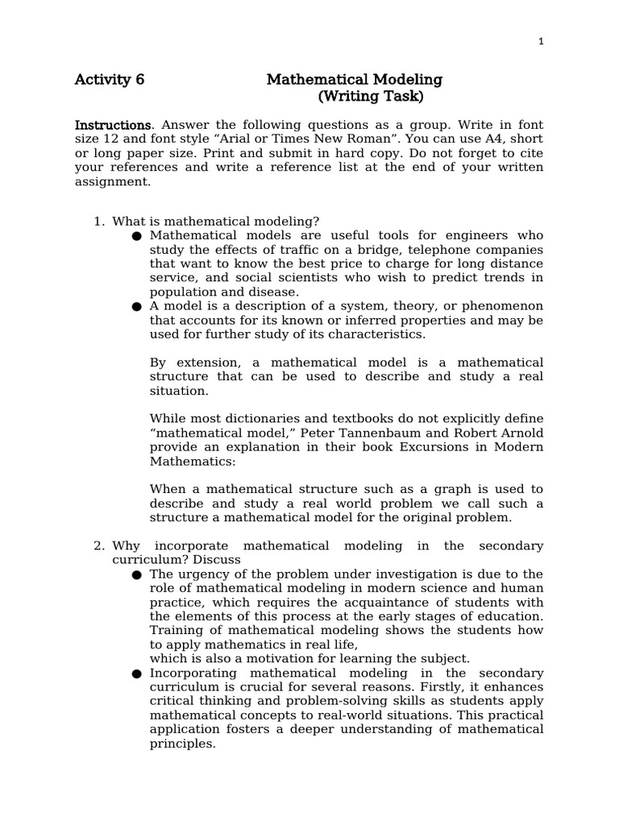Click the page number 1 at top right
click(x=542, y=42)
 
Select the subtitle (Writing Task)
click(x=370, y=97)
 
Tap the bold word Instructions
click(x=113, y=126)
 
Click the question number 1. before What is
click(x=100, y=222)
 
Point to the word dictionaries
click(x=258, y=419)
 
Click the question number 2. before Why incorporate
click(x=100, y=546)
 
